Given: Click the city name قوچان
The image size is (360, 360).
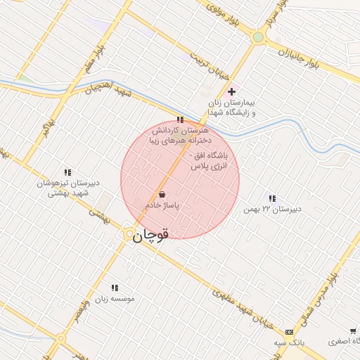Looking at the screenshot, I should click(x=150, y=237).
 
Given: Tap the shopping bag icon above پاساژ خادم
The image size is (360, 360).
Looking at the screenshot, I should click(x=162, y=194).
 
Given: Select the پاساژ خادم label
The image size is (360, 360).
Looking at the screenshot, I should click(x=162, y=205).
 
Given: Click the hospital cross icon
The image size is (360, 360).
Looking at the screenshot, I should click(x=232, y=92).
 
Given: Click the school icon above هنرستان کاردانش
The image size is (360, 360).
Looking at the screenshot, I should click(x=180, y=120).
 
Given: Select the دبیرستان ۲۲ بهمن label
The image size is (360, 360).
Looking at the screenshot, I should click(x=272, y=210).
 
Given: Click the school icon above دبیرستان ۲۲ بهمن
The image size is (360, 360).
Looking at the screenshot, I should click(x=272, y=199).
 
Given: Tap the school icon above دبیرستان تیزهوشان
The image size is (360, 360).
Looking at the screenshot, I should click(x=68, y=172).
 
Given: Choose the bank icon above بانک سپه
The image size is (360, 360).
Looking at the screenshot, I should click(x=289, y=332).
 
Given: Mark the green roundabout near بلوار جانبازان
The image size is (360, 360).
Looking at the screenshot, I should click(x=259, y=37).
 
